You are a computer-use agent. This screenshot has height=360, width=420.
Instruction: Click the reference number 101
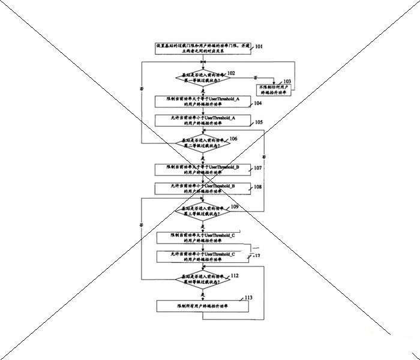click(259, 46)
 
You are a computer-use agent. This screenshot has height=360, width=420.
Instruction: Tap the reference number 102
click(231, 73)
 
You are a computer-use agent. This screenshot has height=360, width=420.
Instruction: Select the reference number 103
click(287, 81)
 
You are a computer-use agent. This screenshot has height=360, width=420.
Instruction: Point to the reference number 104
click(257, 103)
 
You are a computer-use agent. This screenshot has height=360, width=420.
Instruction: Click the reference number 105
click(259, 122)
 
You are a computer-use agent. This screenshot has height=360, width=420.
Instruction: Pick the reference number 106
click(233, 139)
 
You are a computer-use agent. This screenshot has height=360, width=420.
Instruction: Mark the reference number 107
click(257, 167)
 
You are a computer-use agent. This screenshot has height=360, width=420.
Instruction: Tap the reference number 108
click(257, 187)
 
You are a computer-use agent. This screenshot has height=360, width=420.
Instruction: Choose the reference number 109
click(234, 206)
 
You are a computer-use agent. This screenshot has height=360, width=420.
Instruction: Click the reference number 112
click(234, 275)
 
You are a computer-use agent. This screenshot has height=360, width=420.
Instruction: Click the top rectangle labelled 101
click(203, 49)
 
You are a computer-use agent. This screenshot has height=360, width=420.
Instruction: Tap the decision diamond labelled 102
click(203, 77)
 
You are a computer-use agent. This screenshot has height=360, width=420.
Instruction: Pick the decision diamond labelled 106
click(203, 143)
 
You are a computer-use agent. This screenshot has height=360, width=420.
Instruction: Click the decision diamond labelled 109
click(203, 211)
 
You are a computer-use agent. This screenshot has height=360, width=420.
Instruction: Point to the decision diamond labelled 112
click(203, 279)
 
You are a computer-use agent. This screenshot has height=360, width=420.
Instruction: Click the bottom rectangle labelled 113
click(203, 306)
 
